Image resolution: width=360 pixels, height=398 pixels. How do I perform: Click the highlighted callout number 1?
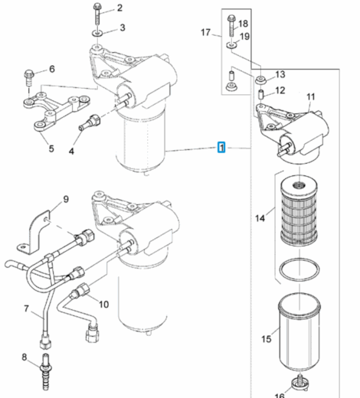[221, 147]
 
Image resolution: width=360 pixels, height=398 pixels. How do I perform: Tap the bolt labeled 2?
[97, 13]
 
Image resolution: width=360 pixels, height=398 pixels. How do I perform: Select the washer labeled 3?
[97, 33]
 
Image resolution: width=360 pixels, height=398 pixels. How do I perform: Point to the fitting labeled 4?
[90, 122]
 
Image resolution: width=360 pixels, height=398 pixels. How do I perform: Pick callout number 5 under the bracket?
[51, 148]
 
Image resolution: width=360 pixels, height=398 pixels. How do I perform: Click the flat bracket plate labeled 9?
[33, 232]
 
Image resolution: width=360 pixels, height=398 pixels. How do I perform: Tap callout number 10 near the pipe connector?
[103, 304]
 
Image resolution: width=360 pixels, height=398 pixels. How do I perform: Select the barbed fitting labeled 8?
[45, 371]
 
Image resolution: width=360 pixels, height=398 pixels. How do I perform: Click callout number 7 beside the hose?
[26, 308]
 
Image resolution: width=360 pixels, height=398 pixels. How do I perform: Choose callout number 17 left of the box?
[205, 32]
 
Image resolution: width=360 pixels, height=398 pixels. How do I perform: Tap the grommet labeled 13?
[260, 80]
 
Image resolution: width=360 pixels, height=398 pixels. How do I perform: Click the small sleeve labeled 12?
[261, 94]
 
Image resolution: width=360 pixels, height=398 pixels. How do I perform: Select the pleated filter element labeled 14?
[299, 212]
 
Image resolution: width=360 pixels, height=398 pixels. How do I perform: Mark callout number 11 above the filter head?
[311, 96]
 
